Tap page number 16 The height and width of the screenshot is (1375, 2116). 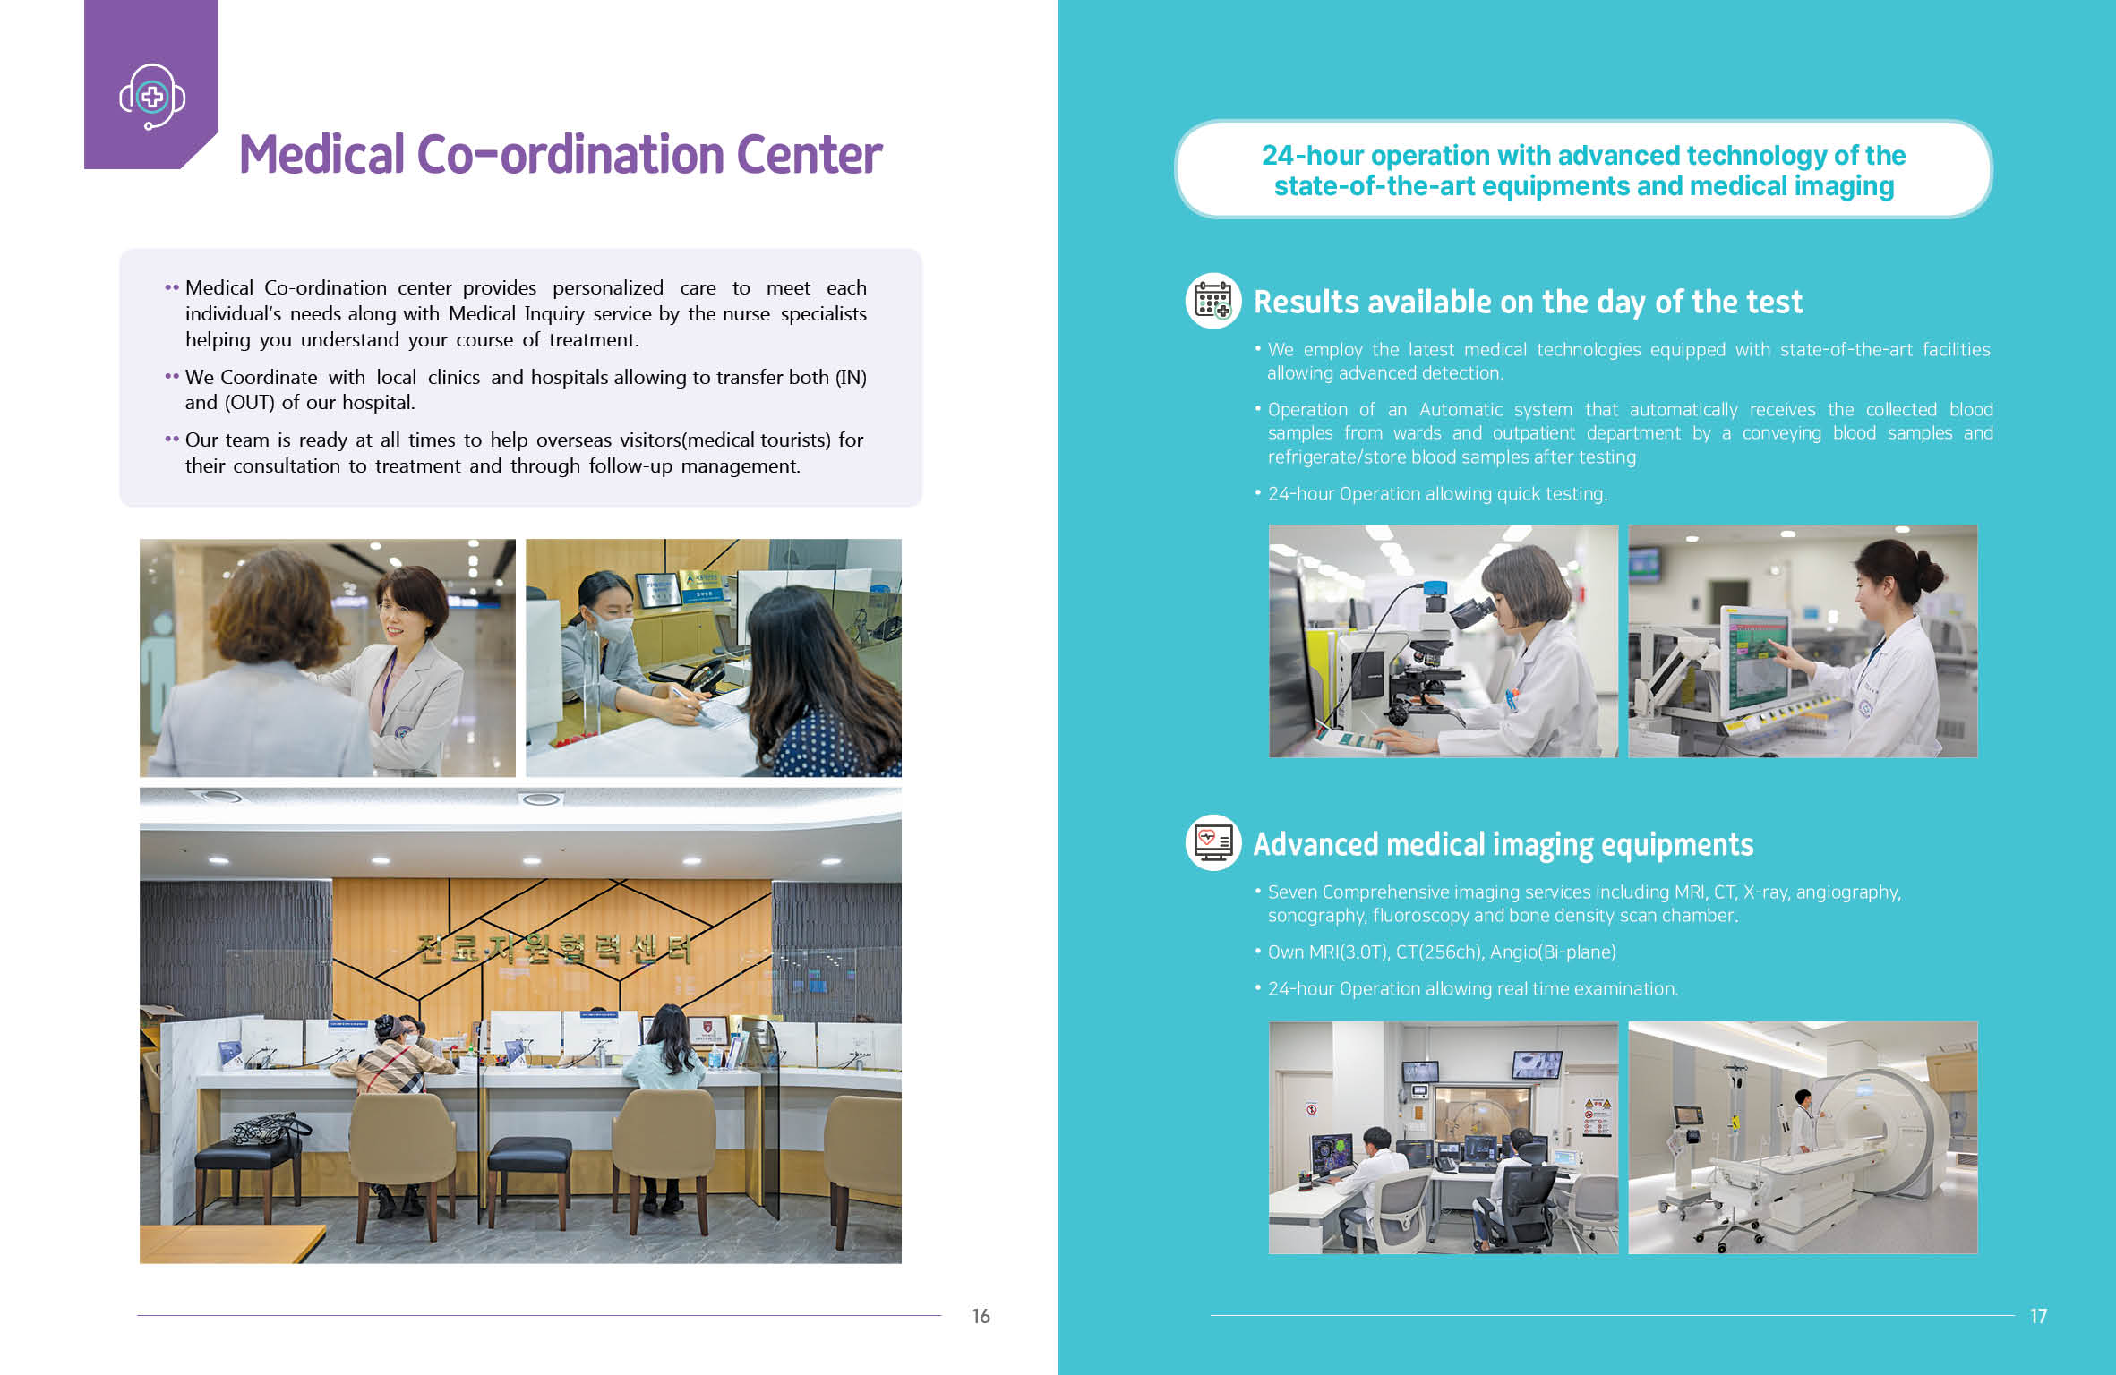pos(981,1316)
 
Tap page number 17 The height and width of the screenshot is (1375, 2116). pos(2039,1316)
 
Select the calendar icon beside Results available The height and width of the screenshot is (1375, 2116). pos(1213,301)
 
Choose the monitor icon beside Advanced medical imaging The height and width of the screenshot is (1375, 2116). pos(1213,842)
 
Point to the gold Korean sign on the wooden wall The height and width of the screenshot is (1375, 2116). pos(554,948)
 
